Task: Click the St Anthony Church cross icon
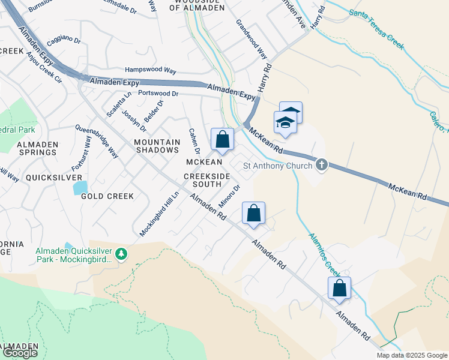(x=322, y=165)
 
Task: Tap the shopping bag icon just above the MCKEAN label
(x=222, y=139)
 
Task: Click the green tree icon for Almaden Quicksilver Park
(x=122, y=254)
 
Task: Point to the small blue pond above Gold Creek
(x=80, y=187)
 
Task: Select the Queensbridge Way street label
(x=96, y=141)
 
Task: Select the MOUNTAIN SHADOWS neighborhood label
(x=157, y=146)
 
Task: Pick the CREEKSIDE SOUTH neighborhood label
(x=206, y=179)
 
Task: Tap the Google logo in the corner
(x=20, y=353)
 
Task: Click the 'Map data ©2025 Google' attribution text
(x=411, y=355)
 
